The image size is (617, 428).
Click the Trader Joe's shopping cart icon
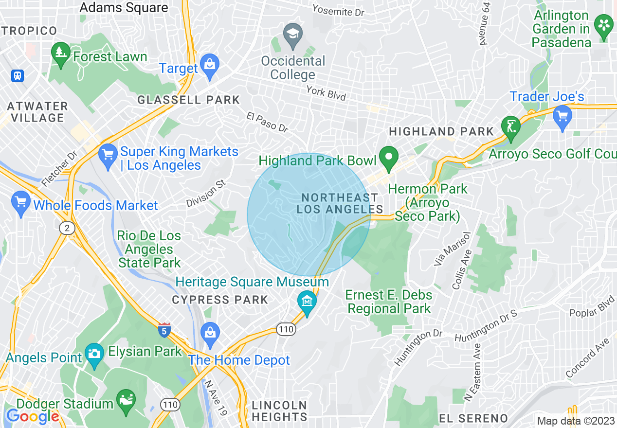563,117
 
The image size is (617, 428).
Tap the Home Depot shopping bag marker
210,334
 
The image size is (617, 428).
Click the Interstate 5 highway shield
164,330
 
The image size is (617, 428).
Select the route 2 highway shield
66,228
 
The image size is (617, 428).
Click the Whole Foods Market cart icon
20,204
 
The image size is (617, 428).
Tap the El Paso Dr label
267,123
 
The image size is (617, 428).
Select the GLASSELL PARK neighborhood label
188,100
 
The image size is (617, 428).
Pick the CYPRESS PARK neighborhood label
220,300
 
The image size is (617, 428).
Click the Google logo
32,416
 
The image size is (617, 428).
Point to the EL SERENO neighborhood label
473,418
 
